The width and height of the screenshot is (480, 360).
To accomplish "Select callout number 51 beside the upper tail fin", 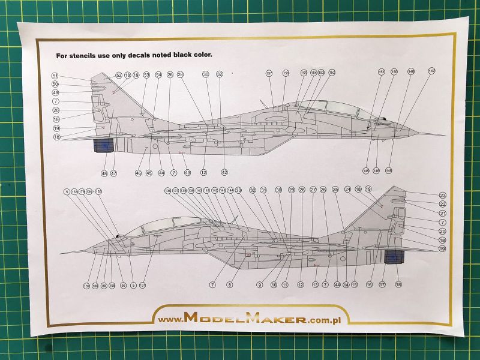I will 55,76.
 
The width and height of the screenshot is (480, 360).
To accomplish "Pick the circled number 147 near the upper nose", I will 431,71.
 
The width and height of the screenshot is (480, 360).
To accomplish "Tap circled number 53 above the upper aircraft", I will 146,75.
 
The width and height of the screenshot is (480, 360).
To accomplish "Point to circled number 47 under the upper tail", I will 113,173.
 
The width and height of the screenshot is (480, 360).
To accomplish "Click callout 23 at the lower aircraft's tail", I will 443,196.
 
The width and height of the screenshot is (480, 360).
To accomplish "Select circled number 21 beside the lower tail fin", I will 443,213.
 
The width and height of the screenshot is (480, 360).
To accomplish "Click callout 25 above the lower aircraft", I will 335,190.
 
